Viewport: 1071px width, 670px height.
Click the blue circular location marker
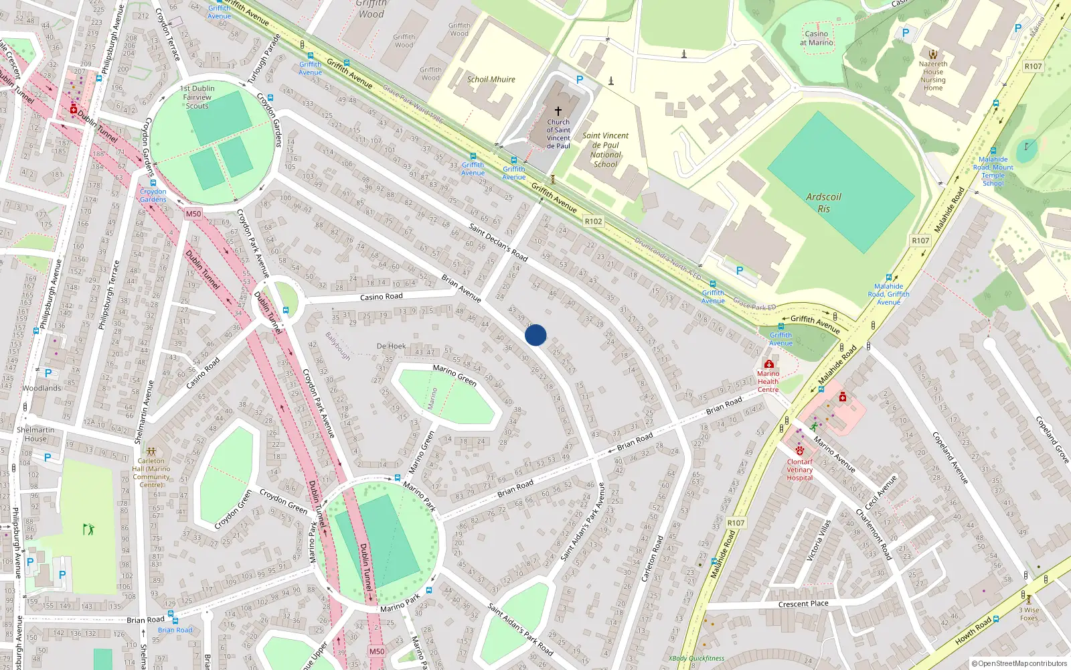point(535,335)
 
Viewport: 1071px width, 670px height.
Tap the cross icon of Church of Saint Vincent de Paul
point(558,111)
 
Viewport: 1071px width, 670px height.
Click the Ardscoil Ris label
point(823,202)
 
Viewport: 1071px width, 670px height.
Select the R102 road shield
point(593,221)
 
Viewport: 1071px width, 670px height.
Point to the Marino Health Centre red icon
point(768,364)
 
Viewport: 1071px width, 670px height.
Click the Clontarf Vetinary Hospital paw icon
point(799,451)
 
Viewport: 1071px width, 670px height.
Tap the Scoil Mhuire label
point(491,79)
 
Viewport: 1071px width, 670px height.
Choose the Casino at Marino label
point(816,38)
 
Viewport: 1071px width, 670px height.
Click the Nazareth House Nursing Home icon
point(932,54)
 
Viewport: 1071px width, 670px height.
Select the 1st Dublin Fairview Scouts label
point(197,97)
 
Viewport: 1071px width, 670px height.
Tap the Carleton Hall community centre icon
point(151,451)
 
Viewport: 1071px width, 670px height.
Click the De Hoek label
point(391,346)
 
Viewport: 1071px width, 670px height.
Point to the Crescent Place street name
point(803,604)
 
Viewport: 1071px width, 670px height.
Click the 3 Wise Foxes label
point(1029,614)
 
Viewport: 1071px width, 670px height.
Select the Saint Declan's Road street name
point(498,242)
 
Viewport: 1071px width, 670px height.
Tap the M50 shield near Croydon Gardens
point(193,214)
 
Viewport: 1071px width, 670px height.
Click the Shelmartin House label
point(35,434)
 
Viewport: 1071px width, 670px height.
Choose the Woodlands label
point(42,388)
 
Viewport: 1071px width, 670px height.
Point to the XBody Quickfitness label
point(696,658)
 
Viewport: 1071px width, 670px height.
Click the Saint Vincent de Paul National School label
point(605,149)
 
